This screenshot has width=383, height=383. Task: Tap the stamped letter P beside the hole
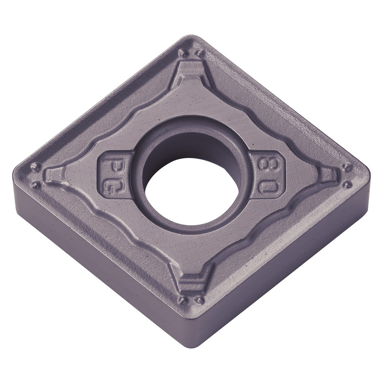coord(108,165)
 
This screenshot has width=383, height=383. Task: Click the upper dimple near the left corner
coord(35,165)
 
